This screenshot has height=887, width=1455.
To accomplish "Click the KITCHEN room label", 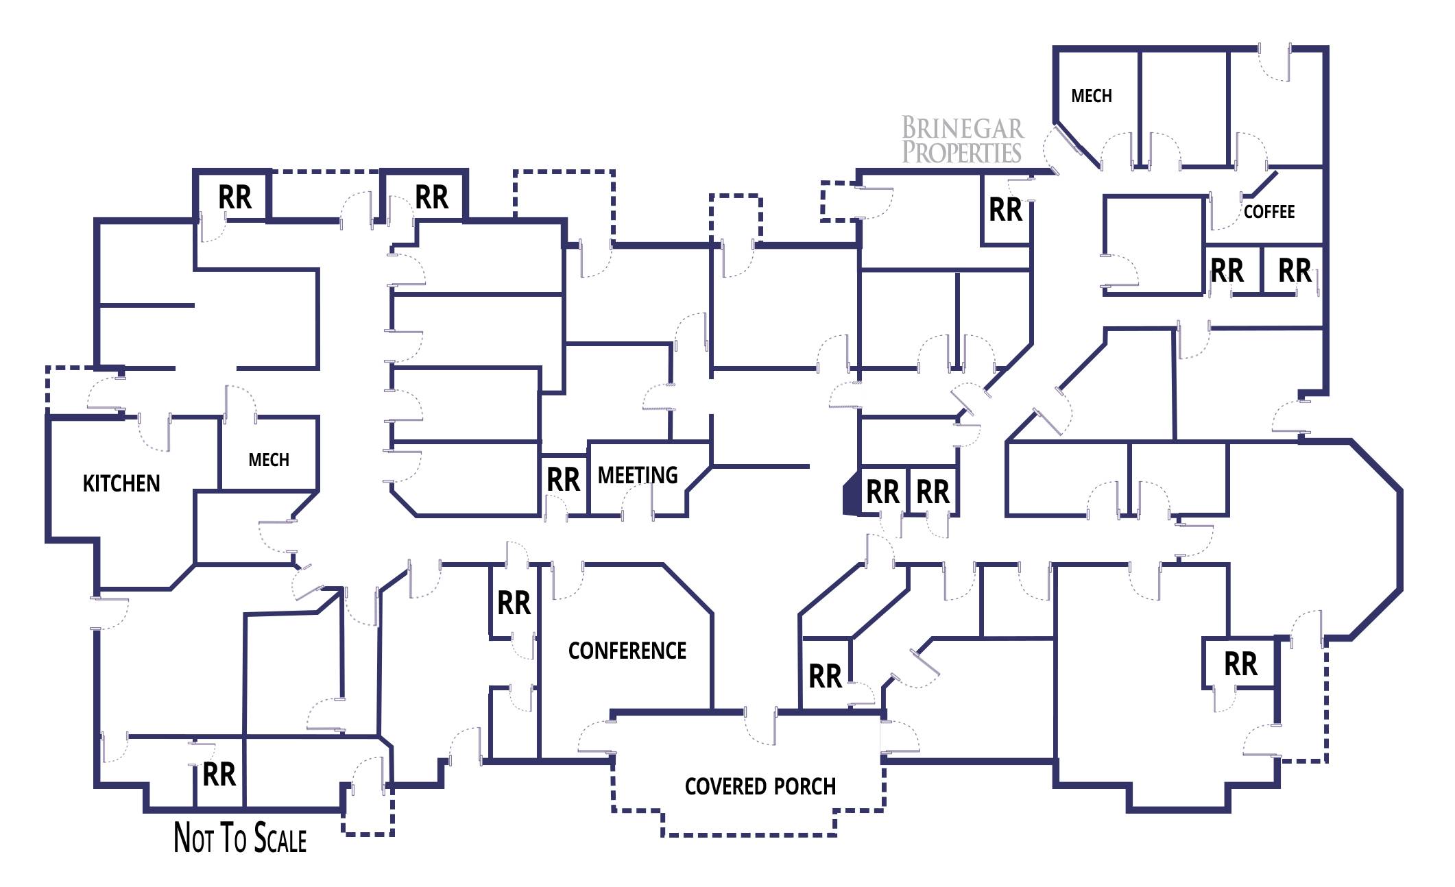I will (121, 483).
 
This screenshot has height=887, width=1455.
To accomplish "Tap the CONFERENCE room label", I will (627, 651).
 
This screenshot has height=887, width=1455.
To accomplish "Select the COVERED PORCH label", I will (760, 786).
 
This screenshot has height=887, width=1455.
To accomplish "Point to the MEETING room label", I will (638, 475).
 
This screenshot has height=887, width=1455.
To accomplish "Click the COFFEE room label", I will (1268, 212).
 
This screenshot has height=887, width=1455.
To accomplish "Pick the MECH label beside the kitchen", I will (269, 459).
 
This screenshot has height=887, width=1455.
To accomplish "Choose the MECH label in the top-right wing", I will (1091, 96).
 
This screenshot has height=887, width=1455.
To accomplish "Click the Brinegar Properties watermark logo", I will (962, 140).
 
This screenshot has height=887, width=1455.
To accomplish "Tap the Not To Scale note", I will (240, 838).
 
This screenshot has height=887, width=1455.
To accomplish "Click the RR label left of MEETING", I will (563, 480).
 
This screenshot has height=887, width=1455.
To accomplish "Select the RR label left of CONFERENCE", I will (514, 603).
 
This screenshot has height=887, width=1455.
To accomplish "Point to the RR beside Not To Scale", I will (219, 775).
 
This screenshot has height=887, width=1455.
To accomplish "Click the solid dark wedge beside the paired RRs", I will (851, 491).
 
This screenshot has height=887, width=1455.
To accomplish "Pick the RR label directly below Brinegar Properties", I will (1005, 210).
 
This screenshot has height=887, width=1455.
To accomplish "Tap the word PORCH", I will (805, 786).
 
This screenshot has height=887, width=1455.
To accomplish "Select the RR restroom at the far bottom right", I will (1240, 664).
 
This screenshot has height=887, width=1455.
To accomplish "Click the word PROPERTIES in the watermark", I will (962, 152).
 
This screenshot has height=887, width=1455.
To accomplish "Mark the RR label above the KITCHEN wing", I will (235, 197).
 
